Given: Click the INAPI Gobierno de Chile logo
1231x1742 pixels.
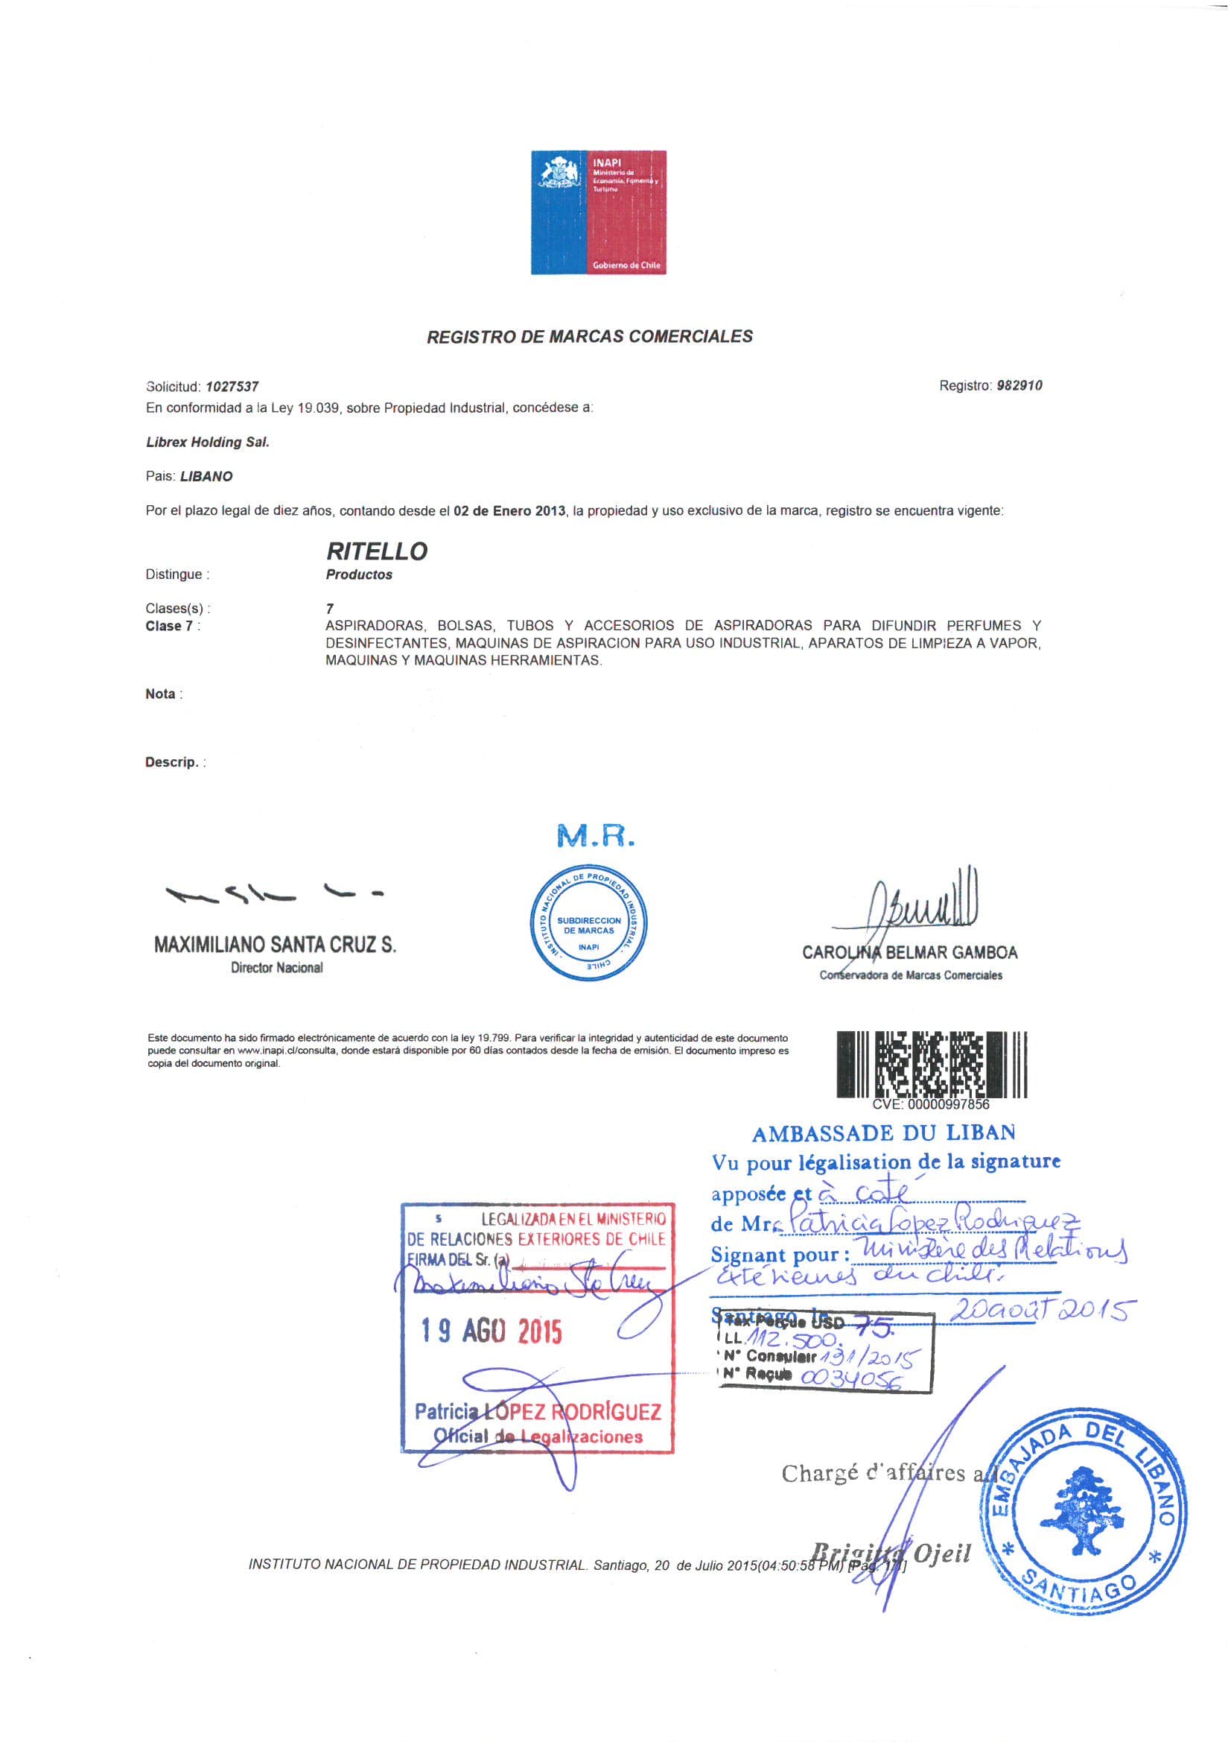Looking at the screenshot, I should pos(598,212).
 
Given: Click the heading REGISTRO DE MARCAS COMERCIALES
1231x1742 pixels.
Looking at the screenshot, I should pos(589,336).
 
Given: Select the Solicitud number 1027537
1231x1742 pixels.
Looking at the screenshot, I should pos(232,386).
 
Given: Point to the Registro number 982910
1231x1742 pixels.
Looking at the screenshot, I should pos(1019,385).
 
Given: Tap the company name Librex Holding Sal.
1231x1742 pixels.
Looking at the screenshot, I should pos(207,442).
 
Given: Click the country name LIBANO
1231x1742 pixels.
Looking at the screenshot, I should pos(206,476).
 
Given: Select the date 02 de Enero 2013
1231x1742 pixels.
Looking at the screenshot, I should pos(509,510).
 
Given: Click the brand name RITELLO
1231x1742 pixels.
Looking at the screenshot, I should pos(376,551).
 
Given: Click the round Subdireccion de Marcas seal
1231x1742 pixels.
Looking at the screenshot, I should pos(588,922).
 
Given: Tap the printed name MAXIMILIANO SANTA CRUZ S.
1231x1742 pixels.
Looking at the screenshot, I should pos(275,945).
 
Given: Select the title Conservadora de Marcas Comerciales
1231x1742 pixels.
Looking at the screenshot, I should pos(910,976).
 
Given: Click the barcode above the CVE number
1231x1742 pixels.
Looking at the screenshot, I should pos(932,1064).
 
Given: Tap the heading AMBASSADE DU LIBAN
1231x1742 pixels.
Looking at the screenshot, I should pos(883,1133).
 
